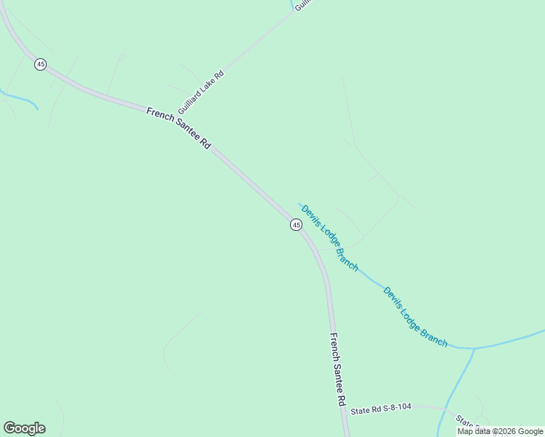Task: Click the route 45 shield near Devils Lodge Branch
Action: tap(296, 225)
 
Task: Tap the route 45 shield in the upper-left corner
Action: tap(40, 65)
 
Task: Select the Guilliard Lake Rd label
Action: tap(200, 92)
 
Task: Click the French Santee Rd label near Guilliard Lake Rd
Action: tap(179, 128)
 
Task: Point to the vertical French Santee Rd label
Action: tap(337, 369)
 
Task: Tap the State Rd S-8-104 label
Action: tap(381, 411)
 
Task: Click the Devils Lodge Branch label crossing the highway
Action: tap(329, 237)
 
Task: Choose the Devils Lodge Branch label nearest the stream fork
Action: tap(415, 316)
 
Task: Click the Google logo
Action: tap(24, 428)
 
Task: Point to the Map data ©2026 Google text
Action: tap(500, 431)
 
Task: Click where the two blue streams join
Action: tap(474, 348)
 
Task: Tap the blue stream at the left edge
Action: tap(15, 95)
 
